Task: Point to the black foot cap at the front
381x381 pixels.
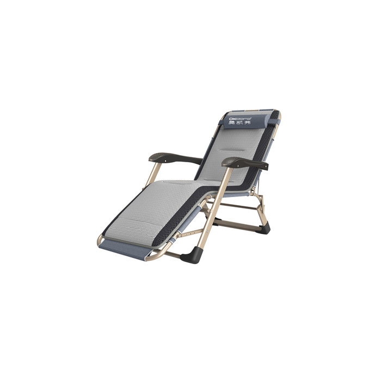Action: click(x=195, y=251)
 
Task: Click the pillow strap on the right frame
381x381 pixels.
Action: click(x=275, y=118)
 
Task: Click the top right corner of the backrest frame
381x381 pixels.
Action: click(x=279, y=114)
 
